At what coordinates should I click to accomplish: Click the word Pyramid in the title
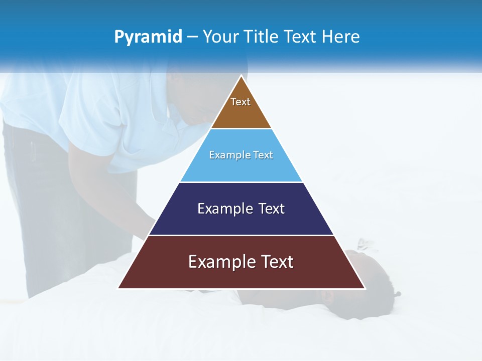[x=148, y=37]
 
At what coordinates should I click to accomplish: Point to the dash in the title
[x=192, y=37]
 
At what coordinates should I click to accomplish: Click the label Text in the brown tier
[x=240, y=102]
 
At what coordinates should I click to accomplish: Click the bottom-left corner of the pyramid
[x=119, y=288]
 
